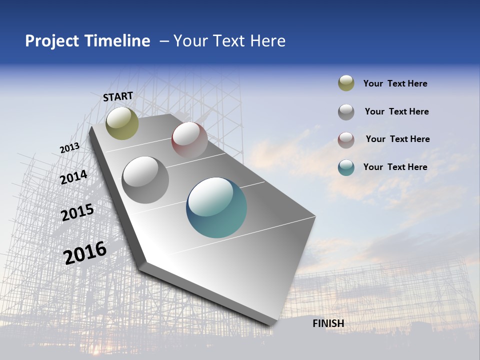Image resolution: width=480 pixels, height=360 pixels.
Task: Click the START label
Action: (x=118, y=96)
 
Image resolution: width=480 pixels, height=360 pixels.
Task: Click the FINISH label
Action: (x=328, y=323)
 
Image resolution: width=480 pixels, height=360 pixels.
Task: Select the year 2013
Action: (x=69, y=148)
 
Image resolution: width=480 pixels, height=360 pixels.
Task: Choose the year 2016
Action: (x=85, y=253)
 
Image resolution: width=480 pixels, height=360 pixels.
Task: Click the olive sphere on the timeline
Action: (x=122, y=123)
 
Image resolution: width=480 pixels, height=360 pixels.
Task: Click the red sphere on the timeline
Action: (x=189, y=139)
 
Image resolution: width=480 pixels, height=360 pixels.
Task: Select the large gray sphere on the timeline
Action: (x=145, y=180)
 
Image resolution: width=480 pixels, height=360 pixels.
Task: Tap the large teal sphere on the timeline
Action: (x=216, y=207)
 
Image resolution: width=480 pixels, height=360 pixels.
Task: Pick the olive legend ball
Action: (x=346, y=83)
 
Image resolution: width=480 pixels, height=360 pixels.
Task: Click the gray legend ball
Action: (x=346, y=112)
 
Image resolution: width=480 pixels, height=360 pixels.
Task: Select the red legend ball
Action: (x=346, y=139)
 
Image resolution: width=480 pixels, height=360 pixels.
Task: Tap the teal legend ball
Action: (x=346, y=167)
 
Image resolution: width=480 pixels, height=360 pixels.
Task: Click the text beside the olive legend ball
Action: (x=395, y=83)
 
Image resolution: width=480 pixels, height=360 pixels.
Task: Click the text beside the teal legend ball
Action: (x=395, y=167)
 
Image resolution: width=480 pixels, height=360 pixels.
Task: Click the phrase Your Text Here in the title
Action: (x=229, y=41)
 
